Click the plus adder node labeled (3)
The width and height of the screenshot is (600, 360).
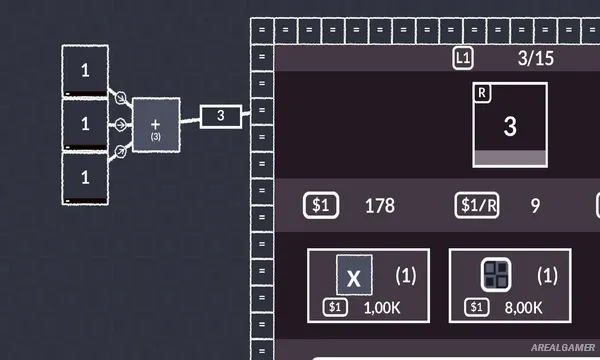click(x=156, y=125)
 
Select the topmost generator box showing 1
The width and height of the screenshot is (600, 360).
click(x=85, y=71)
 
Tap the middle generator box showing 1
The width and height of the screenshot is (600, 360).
click(x=85, y=124)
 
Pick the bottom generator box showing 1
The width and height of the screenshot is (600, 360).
click(x=85, y=177)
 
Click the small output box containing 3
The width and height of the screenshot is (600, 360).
click(x=221, y=117)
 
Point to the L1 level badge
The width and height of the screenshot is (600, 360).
click(x=462, y=58)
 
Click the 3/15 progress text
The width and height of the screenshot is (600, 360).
click(x=536, y=58)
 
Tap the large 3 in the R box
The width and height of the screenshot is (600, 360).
click(x=510, y=126)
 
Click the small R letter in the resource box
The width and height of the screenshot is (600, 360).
click(x=483, y=93)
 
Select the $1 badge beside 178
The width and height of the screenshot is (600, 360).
click(x=321, y=206)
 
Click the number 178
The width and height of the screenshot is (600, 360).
click(x=380, y=206)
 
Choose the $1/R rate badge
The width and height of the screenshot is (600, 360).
click(x=478, y=206)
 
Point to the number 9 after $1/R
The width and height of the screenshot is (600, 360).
click(x=535, y=206)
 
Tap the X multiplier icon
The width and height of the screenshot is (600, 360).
click(x=354, y=275)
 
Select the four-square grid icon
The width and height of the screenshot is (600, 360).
click(x=496, y=275)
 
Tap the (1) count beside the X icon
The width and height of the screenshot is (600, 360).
click(x=405, y=274)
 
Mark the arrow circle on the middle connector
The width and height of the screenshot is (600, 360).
click(x=120, y=125)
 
